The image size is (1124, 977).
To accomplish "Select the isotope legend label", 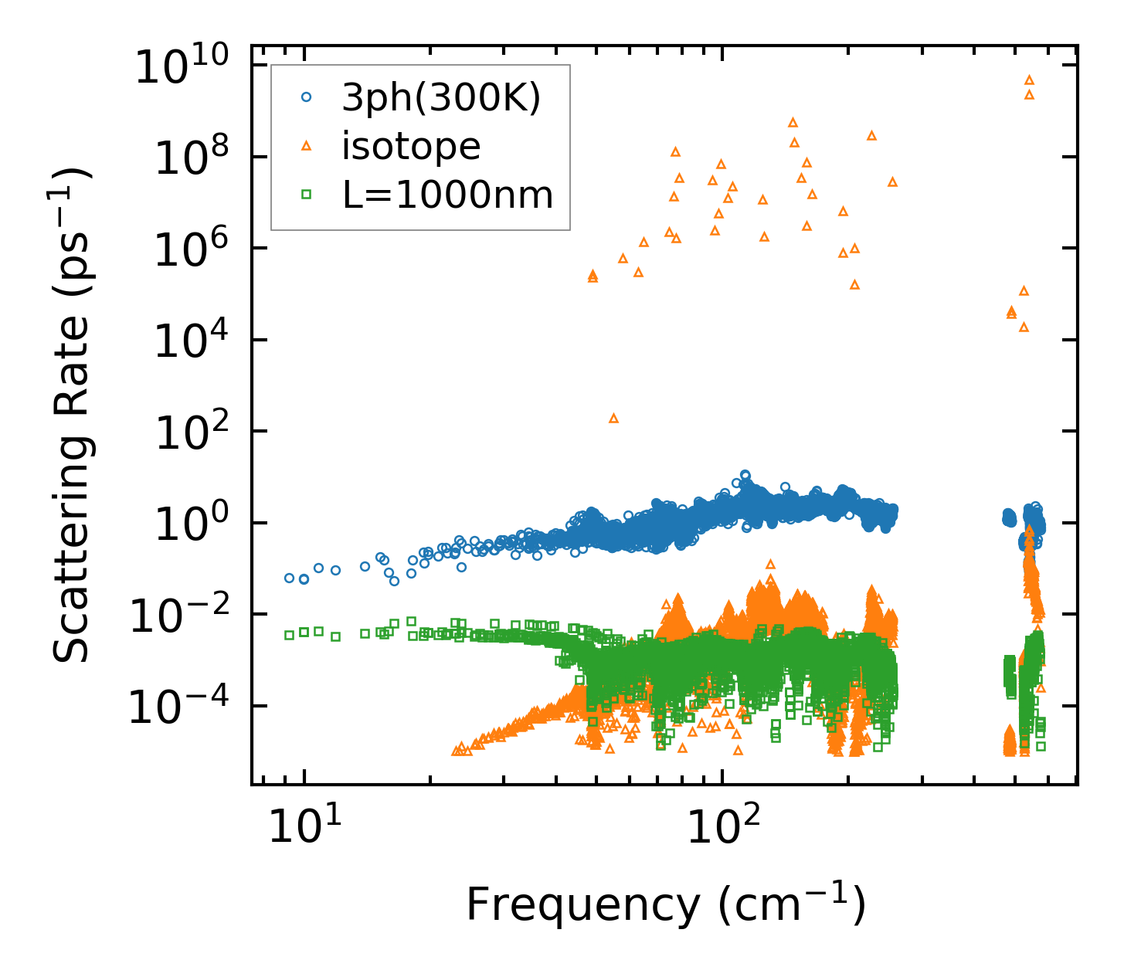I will click(x=411, y=146).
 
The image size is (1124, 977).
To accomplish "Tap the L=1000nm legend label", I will click(x=448, y=195).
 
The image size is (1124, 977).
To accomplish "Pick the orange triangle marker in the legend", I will click(x=306, y=145).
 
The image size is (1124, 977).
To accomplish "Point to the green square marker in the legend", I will click(x=306, y=195).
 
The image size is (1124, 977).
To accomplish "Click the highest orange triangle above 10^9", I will click(x=1029, y=80).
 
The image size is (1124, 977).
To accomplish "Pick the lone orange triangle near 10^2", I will click(x=614, y=418).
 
